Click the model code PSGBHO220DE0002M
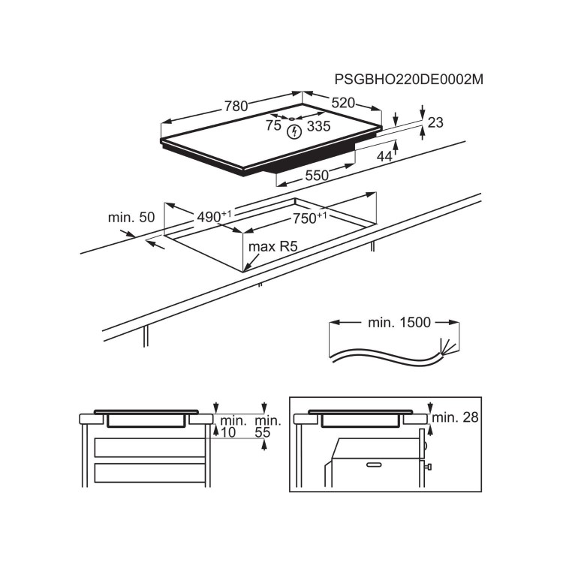[408, 80]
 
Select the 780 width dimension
[235, 107]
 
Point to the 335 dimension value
[318, 126]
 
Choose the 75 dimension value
[273, 126]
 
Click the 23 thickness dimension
[435, 123]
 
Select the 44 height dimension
[384, 156]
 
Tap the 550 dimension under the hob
[316, 176]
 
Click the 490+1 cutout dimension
[214, 216]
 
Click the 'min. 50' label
[131, 217]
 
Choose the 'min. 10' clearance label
[234, 426]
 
